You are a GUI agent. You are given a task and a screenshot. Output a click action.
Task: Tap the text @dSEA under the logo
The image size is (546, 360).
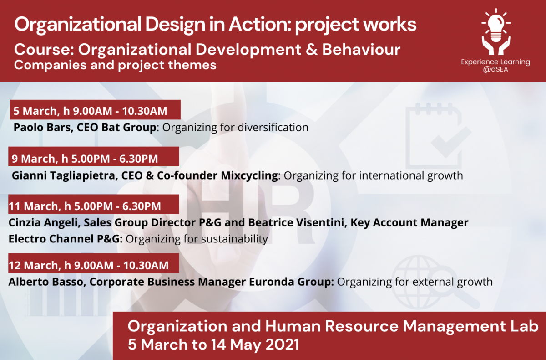pos(495,69)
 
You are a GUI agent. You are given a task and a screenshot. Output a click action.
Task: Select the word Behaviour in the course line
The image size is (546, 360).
pos(361,50)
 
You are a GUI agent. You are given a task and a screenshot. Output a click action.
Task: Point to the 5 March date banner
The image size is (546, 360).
pos(95,109)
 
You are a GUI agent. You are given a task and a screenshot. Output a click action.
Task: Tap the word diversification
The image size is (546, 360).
pos(273,128)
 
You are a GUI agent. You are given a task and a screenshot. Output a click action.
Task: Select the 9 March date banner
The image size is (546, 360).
pos(94,156)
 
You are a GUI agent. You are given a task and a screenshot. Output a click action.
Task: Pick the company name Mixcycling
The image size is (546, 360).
pos(249,175)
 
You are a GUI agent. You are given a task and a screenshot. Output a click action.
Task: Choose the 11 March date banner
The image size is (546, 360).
pos(94,204)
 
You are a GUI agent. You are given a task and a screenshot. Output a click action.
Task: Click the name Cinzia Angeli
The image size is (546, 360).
pos(45,222)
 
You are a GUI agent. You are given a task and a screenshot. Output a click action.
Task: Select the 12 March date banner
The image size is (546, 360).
pos(94,263)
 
